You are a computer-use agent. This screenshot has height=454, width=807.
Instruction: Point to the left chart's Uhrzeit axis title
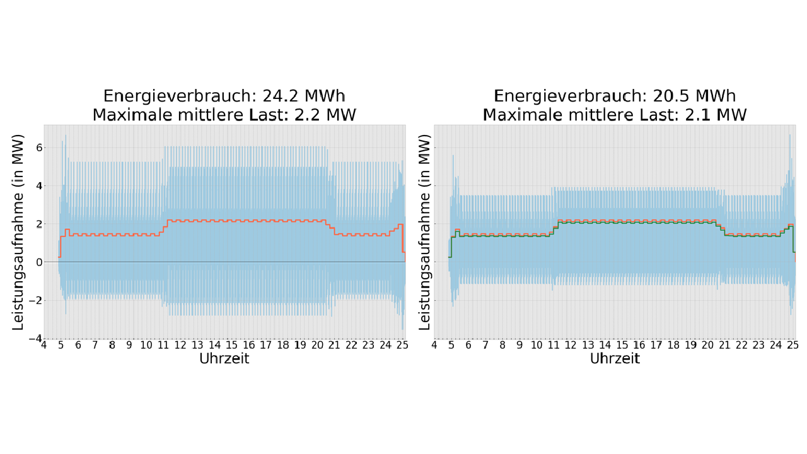(224, 359)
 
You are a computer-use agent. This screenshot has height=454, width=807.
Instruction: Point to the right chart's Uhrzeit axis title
(615, 359)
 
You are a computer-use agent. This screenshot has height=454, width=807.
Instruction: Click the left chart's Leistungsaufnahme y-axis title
(20, 231)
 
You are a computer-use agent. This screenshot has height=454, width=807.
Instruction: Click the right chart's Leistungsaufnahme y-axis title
(426, 231)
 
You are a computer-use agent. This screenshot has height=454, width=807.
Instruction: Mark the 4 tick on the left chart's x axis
(44, 346)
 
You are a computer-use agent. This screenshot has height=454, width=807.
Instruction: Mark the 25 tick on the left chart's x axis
(404, 346)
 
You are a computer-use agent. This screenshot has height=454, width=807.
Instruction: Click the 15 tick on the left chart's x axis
(232, 346)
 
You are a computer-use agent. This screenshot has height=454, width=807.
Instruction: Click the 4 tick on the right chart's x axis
(434, 346)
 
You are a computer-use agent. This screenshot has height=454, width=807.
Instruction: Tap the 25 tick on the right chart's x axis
(794, 346)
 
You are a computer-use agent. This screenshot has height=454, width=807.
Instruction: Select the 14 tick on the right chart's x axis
(605, 346)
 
